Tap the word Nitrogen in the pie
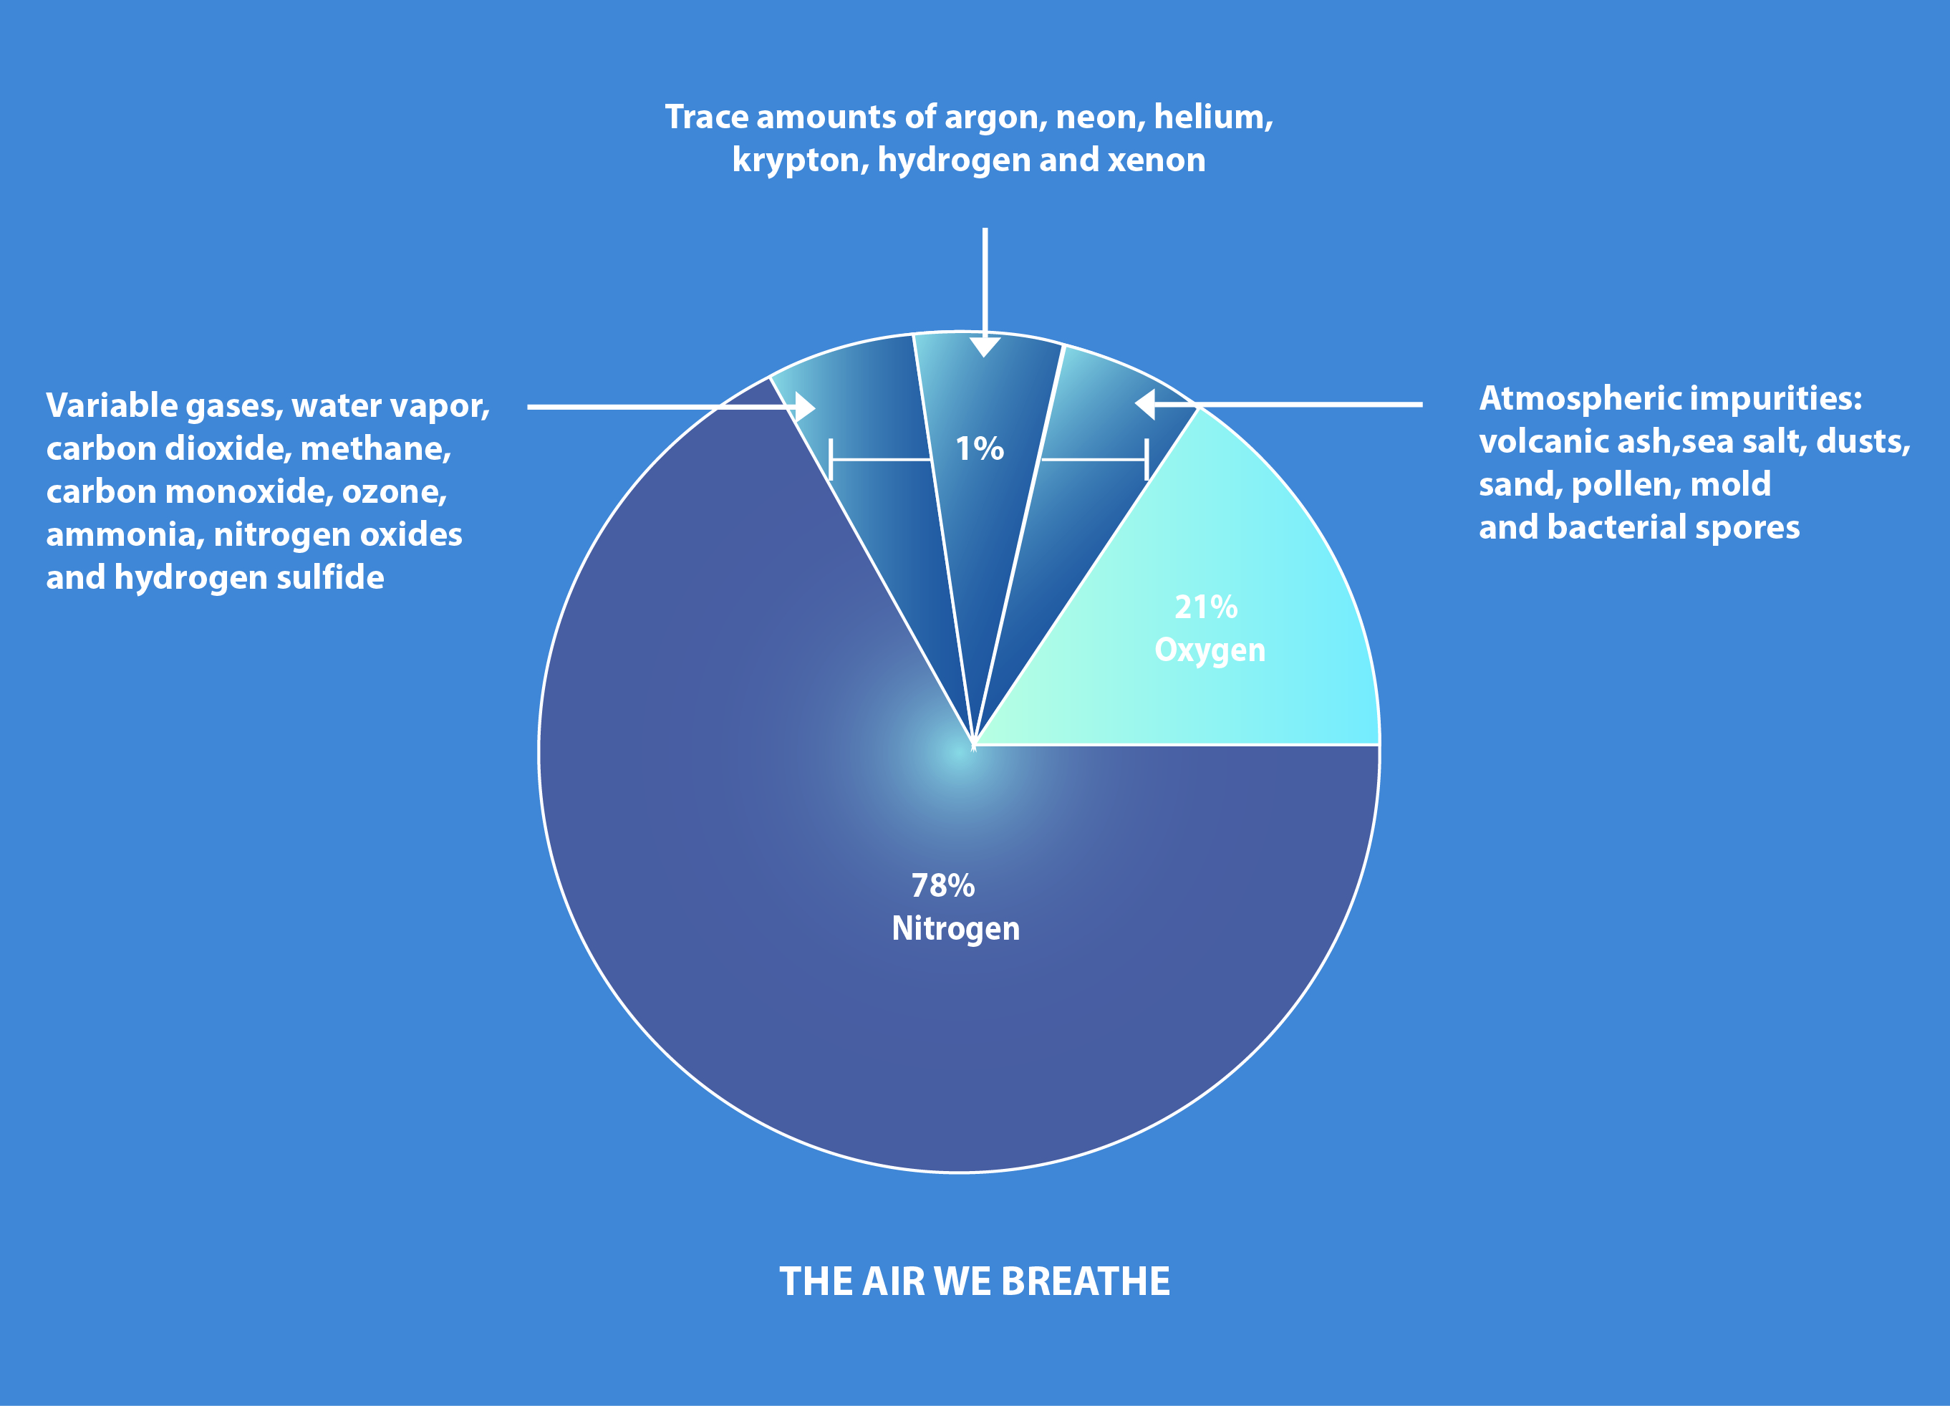955,930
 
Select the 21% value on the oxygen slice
1206,607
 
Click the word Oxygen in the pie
1210,651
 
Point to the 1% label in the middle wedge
980,448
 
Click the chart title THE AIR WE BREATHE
974,1281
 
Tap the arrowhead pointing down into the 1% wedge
985,346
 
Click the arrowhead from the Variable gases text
805,407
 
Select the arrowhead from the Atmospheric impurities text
1144,403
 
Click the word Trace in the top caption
707,117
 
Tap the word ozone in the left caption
395,492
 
